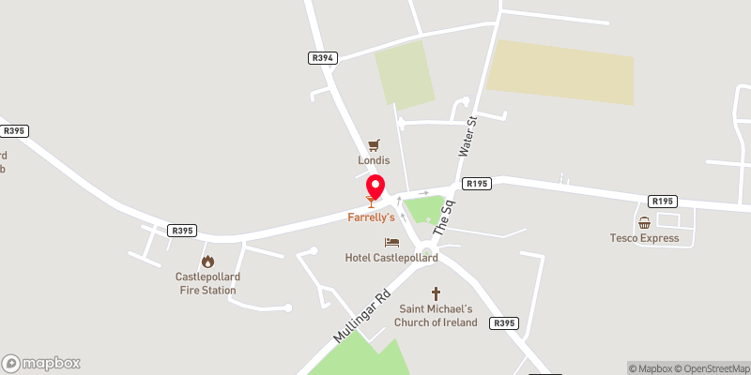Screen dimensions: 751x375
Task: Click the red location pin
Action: [x=375, y=186]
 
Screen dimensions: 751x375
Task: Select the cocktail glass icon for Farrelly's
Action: [x=370, y=200]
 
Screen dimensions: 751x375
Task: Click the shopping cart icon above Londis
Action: [x=374, y=144]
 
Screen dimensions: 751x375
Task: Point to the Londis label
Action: [x=374, y=160]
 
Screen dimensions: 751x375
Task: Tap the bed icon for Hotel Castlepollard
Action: [x=391, y=242]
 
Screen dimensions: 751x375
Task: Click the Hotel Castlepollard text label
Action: [x=391, y=258]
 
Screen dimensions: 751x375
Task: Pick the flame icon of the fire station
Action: [x=207, y=262]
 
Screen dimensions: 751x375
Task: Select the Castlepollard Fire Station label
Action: [x=206, y=283]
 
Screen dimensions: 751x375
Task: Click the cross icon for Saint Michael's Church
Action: [x=436, y=294]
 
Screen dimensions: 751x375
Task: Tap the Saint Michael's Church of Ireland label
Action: [x=437, y=316]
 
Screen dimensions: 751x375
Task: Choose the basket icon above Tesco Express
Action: [x=645, y=223]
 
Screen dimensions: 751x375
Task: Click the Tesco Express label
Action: [x=644, y=238]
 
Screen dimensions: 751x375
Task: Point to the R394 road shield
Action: [x=322, y=58]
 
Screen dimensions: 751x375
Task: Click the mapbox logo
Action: [x=41, y=363]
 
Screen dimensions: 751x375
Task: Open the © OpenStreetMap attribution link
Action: [x=713, y=368]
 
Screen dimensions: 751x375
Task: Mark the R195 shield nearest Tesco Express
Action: [x=663, y=202]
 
